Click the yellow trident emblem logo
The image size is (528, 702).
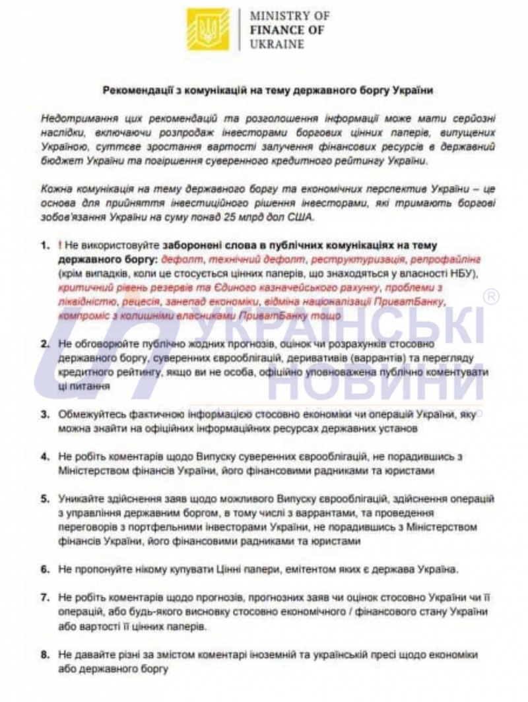pos(208,29)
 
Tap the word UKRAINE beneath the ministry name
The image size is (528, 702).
pos(277,44)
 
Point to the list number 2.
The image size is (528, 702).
pos(44,344)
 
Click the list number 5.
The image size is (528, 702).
pos(44,499)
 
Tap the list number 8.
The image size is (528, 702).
pos(44,654)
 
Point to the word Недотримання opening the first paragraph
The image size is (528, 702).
pos(79,118)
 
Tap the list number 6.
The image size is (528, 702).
pos(44,568)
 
